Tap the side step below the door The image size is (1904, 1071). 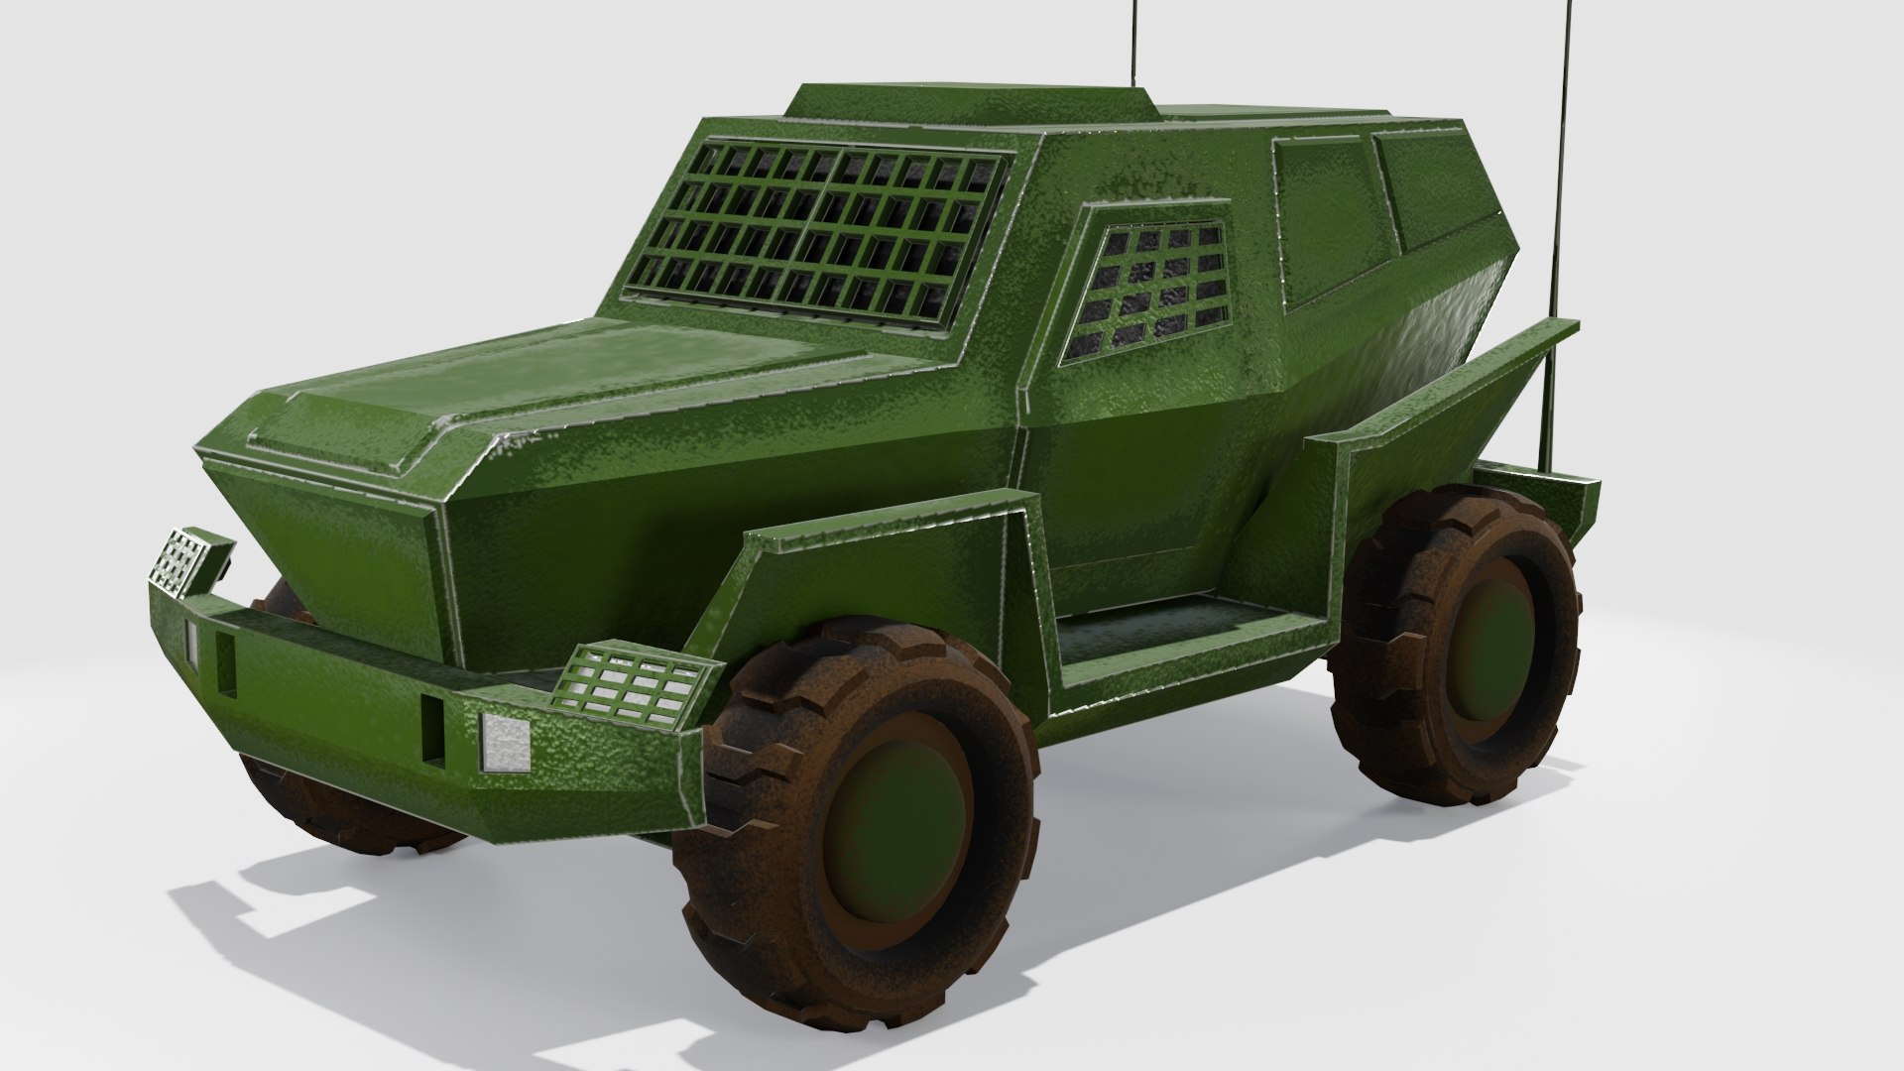[1190, 620]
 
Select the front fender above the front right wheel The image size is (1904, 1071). [892, 540]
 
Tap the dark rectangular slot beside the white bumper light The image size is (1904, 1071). [432, 728]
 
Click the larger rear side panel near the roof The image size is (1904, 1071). [1448, 188]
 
